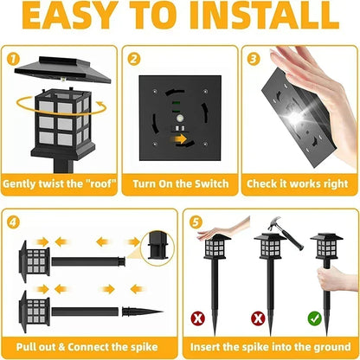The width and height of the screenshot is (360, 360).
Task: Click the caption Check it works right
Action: [299, 184]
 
